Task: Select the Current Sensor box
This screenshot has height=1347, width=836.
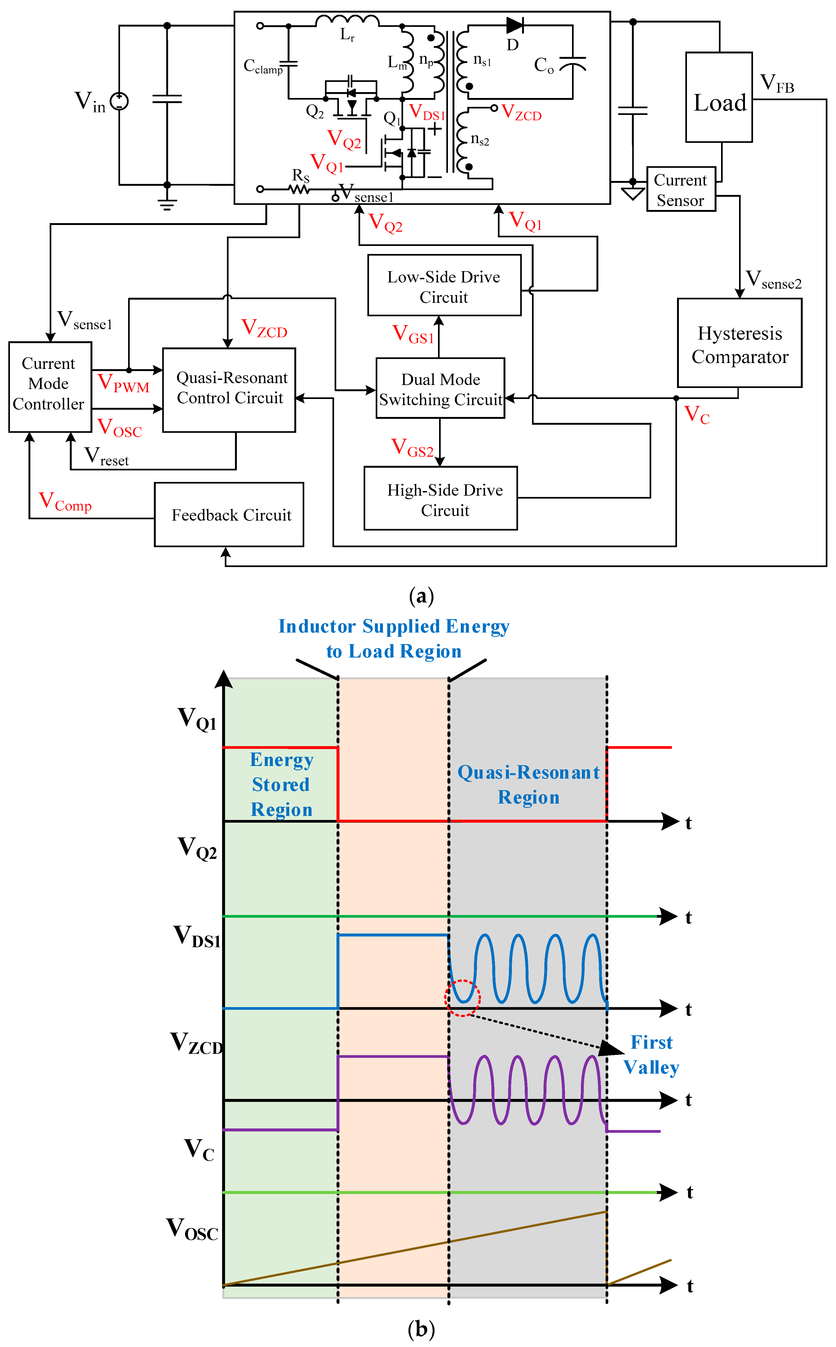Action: tap(681, 190)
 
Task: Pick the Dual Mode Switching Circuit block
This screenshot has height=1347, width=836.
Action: tap(440, 388)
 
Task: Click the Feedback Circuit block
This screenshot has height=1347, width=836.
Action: tap(229, 515)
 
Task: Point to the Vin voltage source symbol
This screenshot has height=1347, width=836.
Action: tap(120, 101)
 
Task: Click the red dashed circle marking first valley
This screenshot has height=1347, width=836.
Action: tap(462, 998)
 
